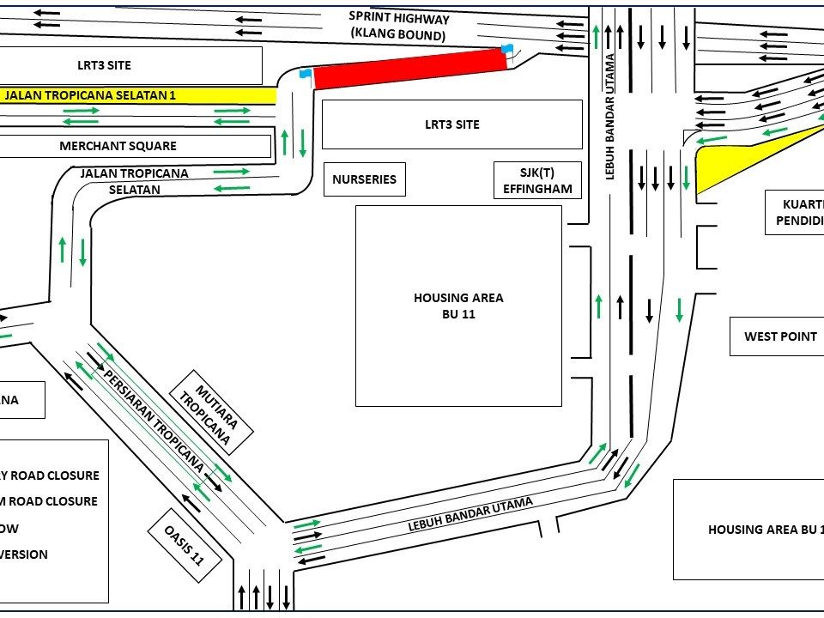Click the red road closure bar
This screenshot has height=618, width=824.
(409, 69)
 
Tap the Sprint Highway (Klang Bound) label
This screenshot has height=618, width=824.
(398, 26)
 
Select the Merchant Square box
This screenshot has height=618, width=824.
(118, 146)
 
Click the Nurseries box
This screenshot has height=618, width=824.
(364, 179)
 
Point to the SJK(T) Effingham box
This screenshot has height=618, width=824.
(537, 180)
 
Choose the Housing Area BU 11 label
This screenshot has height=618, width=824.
(458, 306)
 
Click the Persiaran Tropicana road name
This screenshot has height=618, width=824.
(155, 421)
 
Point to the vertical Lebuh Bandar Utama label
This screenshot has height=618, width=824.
(611, 116)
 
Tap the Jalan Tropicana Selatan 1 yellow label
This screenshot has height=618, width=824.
(90, 95)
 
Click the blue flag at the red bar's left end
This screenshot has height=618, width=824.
(304, 74)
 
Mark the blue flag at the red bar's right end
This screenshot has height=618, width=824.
(507, 49)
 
